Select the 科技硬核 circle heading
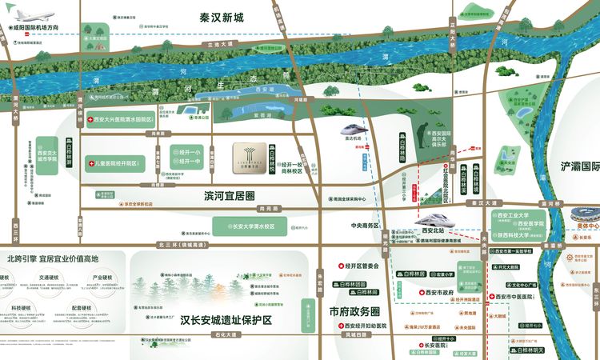tap(22, 306)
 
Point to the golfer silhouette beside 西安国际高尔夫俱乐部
tap(423, 135)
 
